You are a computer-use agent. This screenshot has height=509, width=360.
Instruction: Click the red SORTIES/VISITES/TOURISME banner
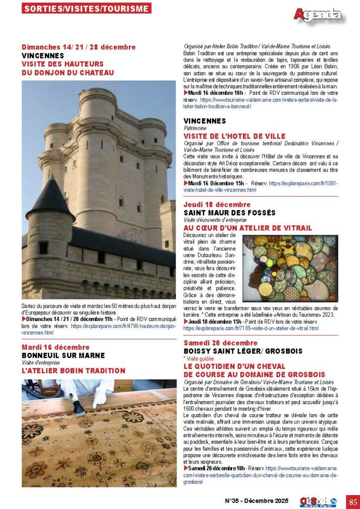87,8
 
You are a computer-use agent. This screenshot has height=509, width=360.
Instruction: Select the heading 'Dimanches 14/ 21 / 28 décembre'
79,47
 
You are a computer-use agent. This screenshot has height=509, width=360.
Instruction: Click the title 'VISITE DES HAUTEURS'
63,64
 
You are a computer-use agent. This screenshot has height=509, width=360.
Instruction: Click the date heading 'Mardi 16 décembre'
56,347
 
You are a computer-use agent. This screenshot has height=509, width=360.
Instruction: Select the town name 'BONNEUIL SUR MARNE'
63,355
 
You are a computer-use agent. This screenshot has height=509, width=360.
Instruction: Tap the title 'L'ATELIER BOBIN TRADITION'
73,371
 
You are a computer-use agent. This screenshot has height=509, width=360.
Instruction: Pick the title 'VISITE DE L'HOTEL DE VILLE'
234,136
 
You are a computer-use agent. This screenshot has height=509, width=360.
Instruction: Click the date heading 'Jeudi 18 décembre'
217,204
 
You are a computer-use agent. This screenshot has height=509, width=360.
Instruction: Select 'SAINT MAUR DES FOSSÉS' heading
229,213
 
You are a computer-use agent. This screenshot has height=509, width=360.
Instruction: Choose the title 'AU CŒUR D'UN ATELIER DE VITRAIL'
248,228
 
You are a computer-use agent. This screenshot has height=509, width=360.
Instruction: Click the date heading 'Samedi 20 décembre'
220,343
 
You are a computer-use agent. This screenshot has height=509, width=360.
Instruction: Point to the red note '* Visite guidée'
199,358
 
